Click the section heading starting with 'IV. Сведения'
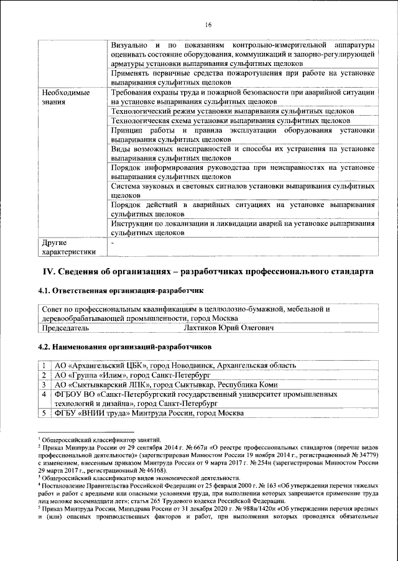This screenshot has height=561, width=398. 208,272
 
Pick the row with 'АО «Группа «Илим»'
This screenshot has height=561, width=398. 132,375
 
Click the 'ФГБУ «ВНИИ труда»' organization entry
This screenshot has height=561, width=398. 149,414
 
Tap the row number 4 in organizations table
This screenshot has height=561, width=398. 44,394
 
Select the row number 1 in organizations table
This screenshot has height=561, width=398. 44,365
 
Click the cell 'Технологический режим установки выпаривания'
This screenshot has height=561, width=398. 232,111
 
